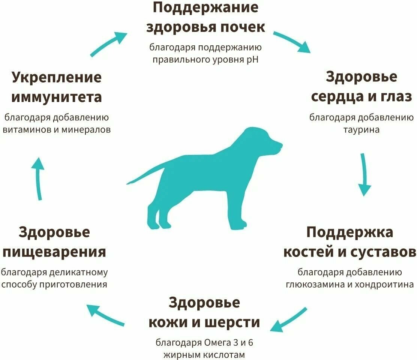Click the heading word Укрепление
point(57,78)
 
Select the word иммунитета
point(57,97)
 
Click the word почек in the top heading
point(241,27)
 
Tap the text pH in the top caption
point(254,59)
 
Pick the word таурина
point(361,130)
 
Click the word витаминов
point(27,130)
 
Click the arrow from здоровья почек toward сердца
point(292,42)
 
